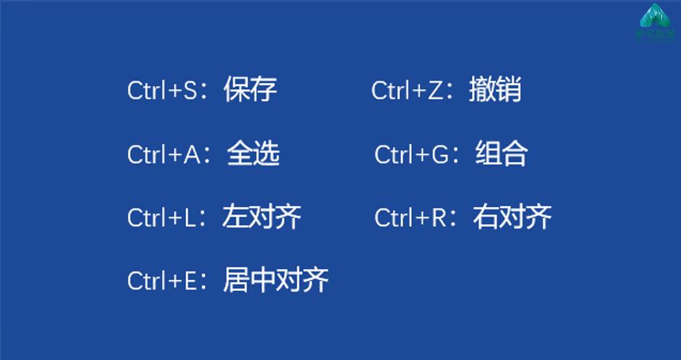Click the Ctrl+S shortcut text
[163, 90]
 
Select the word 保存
[250, 89]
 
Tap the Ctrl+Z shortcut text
[407, 90]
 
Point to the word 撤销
[495, 89]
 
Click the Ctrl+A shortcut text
[164, 154]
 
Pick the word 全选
[253, 153]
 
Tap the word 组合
[501, 153]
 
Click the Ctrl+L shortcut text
[161, 217]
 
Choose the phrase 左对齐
[262, 217]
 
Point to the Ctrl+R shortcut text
[411, 217]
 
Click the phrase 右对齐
[512, 217]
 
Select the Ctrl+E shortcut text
[162, 281]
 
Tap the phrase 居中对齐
[275, 280]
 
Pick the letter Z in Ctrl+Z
[435, 90]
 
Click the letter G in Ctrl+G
[440, 154]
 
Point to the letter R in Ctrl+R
[439, 217]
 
